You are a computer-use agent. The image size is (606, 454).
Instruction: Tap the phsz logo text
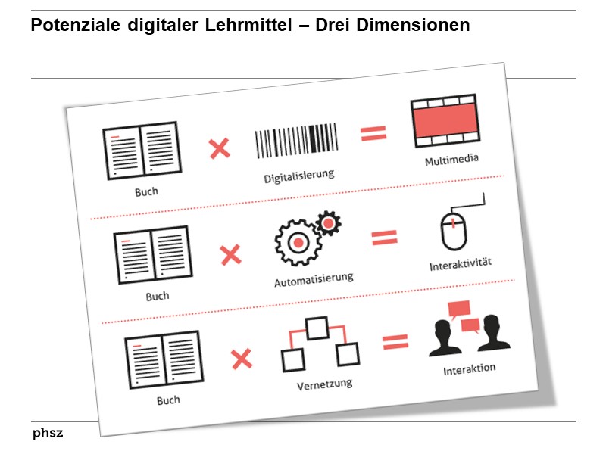(48, 433)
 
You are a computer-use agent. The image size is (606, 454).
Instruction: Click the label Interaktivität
(461, 265)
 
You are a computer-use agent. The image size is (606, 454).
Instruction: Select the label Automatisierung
(314, 280)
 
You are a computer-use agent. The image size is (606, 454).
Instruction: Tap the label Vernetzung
(324, 384)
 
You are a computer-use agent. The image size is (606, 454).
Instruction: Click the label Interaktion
(470, 368)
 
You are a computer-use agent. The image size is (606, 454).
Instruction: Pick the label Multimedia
(452, 160)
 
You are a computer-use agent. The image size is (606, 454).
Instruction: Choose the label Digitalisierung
(299, 176)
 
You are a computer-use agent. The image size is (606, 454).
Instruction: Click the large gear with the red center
(297, 242)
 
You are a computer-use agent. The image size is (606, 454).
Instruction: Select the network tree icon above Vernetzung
(319, 344)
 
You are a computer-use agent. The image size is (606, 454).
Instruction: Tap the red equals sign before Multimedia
(373, 134)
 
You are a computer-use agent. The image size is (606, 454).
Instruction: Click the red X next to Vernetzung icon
(242, 358)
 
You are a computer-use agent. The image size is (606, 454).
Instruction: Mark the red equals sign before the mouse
(384, 238)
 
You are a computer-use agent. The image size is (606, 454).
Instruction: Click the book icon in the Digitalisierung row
(141, 150)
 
